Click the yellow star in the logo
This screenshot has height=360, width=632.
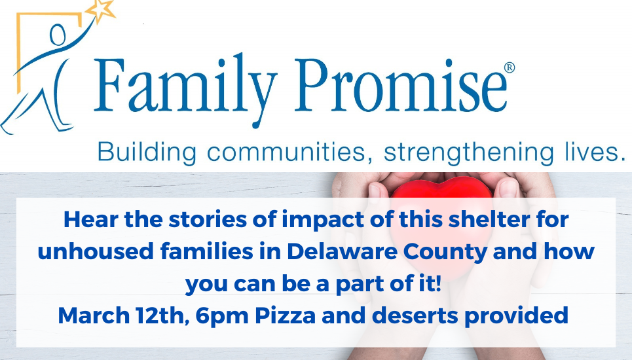[x=101, y=10]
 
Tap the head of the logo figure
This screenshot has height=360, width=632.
[x=58, y=35]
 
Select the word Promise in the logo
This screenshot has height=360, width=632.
[x=401, y=85]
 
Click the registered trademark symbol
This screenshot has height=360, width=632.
[x=510, y=67]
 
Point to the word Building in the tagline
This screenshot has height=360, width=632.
[x=147, y=153]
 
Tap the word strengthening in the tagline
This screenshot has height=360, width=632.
[x=469, y=153]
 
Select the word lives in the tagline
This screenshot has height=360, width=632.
[x=595, y=152]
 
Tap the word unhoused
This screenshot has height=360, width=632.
[x=96, y=251]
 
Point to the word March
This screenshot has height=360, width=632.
[x=94, y=315]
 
